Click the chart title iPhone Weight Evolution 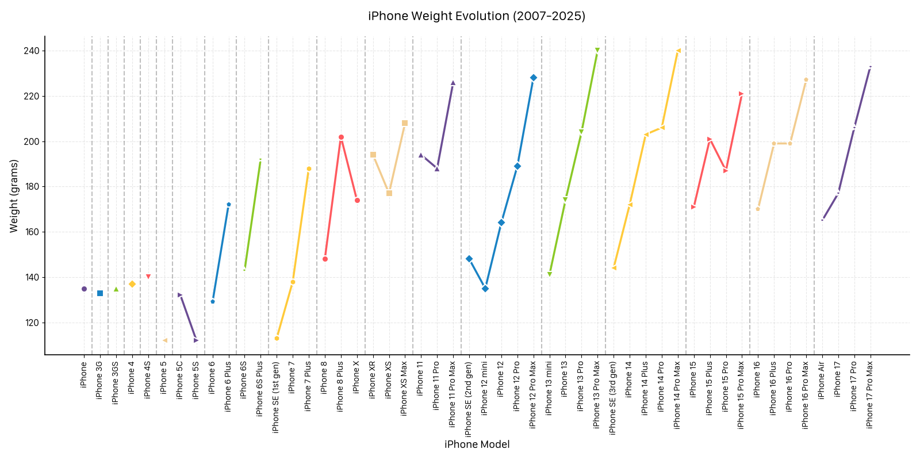pos(477,16)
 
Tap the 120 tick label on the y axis pos(32,323)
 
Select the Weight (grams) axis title pos(14,196)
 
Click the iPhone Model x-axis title pos(477,444)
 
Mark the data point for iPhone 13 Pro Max pos(597,51)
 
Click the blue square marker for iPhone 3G pos(100,293)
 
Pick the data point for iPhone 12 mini pos(485,289)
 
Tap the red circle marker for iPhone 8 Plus pos(341,137)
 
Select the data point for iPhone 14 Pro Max pos(678,51)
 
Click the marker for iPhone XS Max pos(405,123)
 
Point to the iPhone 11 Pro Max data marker pos(453,83)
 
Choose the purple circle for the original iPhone pos(84,289)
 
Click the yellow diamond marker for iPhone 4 pos(132,284)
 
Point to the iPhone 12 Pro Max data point pos(534,78)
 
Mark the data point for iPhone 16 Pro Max pos(806,80)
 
